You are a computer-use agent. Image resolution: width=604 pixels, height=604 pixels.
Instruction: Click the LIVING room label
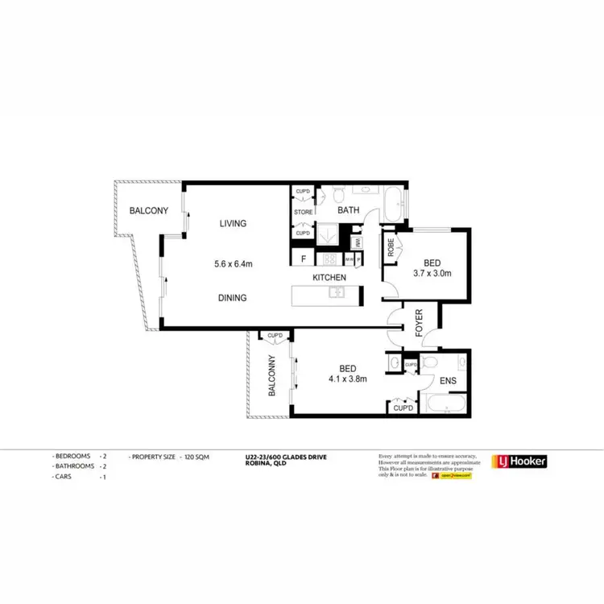(233, 223)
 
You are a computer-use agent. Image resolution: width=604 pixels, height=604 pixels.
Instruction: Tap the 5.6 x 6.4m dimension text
(234, 263)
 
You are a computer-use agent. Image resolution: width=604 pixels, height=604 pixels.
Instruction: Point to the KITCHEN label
(330, 278)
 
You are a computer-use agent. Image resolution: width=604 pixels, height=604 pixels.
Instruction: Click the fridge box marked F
(303, 259)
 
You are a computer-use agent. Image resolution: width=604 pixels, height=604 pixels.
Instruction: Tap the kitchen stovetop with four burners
(329, 259)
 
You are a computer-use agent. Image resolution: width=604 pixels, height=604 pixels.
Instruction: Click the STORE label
(303, 213)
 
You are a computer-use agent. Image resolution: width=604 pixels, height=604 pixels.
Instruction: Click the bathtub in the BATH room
(395, 205)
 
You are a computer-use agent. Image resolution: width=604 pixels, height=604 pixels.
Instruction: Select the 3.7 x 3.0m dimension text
(432, 273)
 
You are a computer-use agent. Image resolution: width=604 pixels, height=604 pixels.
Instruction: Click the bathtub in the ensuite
(445, 403)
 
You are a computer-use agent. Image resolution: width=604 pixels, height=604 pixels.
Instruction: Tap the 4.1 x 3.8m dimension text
(348, 379)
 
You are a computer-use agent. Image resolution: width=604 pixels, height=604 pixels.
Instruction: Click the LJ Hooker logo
(520, 461)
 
